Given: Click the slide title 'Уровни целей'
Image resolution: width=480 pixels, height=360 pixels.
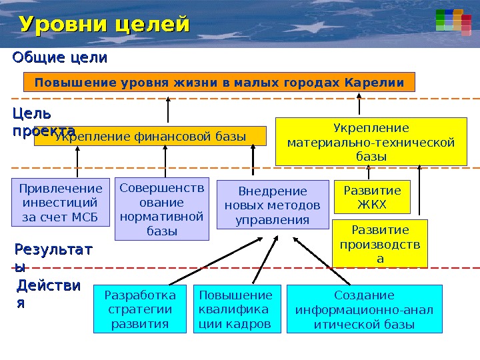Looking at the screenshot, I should tap(105, 25).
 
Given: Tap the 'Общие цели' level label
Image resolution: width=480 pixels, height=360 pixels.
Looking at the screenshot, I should tap(59, 58).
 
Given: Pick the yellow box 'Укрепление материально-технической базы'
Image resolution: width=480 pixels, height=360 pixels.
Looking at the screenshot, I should tap(371, 142).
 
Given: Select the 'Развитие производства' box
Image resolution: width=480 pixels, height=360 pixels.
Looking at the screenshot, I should tap(380, 243).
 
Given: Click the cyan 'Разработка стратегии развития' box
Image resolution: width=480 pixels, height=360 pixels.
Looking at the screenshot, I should tap(141, 309).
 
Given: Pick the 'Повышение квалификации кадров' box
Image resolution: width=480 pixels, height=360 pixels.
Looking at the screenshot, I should tap(236, 309).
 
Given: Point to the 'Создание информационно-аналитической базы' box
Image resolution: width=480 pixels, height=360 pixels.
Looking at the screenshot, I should tap(364, 309).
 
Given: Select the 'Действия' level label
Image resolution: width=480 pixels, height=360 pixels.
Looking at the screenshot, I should tap(47, 293).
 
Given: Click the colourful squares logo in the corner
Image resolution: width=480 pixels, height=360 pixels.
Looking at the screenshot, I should tap(449, 20).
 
